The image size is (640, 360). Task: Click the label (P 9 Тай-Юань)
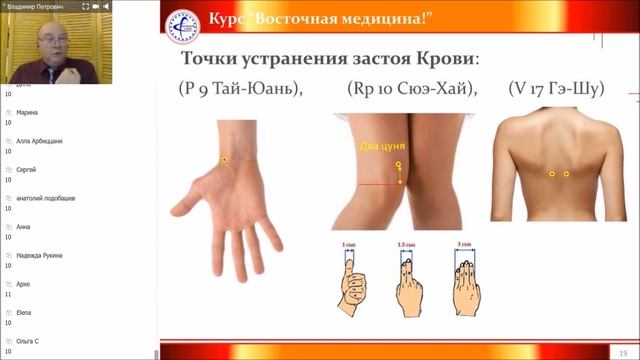click(240, 89)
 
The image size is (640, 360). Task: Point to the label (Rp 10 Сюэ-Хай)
click(413, 89)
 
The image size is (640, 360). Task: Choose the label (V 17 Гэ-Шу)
click(556, 89)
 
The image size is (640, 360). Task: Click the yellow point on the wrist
click(225, 160)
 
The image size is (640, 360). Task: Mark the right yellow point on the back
click(566, 174)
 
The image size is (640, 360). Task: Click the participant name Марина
click(27, 112)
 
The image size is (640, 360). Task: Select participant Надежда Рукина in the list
click(40, 255)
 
